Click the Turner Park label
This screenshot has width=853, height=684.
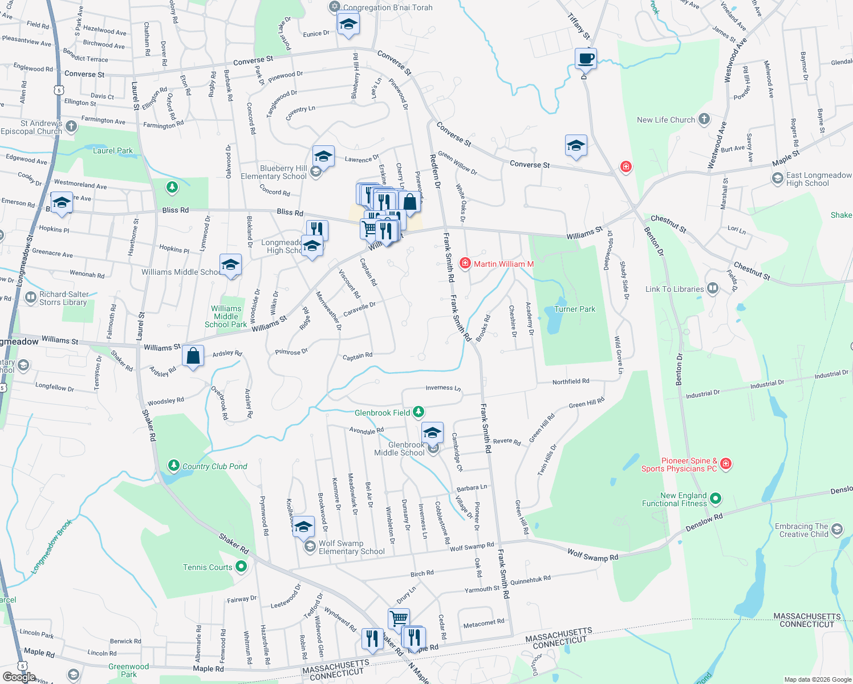(574, 309)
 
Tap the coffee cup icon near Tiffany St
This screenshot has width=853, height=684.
(586, 58)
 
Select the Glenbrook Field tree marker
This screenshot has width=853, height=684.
(419, 412)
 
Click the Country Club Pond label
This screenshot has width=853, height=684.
(214, 466)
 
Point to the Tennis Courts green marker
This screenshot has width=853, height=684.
(241, 567)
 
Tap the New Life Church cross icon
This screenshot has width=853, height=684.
(704, 119)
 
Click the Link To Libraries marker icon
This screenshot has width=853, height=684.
(712, 288)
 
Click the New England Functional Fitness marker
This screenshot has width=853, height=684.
(716, 499)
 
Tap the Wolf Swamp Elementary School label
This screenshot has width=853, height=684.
(351, 547)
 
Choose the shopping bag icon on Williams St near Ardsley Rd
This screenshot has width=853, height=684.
(193, 356)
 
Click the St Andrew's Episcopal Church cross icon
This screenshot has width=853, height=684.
(71, 127)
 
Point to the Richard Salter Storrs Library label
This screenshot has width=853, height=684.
(64, 298)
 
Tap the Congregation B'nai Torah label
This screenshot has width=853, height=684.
(388, 7)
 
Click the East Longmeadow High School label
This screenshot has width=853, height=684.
(819, 179)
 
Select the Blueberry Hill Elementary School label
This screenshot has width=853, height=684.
(274, 172)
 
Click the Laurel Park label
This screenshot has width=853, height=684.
(113, 150)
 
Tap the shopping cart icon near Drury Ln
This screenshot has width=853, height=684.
(399, 618)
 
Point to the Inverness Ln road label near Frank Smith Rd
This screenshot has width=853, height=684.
(443, 388)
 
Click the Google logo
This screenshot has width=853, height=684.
(19, 677)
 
